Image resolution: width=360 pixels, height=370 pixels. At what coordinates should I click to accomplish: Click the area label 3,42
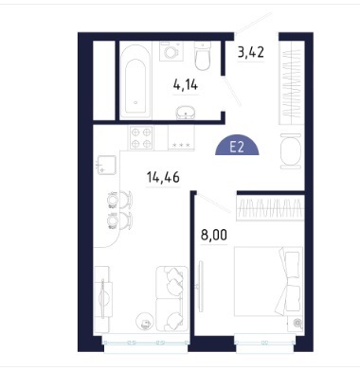(x=251, y=52)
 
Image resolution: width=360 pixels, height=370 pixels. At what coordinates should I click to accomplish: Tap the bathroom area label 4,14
(x=186, y=84)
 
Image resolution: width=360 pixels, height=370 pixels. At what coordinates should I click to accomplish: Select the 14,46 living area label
(x=163, y=177)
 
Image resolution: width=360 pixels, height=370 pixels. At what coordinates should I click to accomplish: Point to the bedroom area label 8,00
(x=214, y=235)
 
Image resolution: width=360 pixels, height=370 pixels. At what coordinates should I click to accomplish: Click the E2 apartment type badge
(x=237, y=147)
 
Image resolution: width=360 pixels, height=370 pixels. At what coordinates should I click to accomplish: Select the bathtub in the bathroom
(x=135, y=80)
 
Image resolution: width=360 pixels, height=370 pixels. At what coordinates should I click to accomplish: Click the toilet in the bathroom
(x=203, y=56)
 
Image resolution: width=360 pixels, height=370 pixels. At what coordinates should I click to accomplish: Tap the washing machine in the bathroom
(x=171, y=51)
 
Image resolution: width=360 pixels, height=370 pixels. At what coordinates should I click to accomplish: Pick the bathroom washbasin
(x=186, y=113)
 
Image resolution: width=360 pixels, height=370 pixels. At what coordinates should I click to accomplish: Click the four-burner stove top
(x=141, y=138)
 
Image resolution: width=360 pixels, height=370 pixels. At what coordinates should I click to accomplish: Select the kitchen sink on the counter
(x=106, y=165)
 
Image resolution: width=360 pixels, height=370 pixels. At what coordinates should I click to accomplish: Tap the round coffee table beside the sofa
(x=144, y=322)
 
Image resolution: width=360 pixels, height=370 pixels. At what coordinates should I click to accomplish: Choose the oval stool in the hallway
(x=291, y=151)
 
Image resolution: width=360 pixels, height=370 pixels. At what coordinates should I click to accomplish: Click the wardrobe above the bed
(x=270, y=207)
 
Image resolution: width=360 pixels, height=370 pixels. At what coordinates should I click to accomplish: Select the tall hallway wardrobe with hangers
(x=292, y=82)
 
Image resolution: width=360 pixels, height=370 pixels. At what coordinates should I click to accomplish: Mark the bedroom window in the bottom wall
(x=265, y=342)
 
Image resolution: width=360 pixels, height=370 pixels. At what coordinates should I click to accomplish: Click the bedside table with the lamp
(x=296, y=324)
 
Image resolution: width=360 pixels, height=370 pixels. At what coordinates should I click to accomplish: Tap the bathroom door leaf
(x=232, y=92)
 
